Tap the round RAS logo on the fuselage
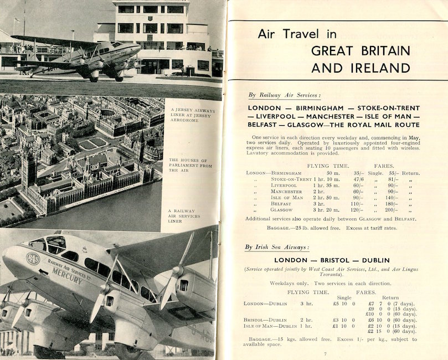[33, 259]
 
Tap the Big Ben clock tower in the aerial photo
[27, 166]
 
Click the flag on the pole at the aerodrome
[17, 20]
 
